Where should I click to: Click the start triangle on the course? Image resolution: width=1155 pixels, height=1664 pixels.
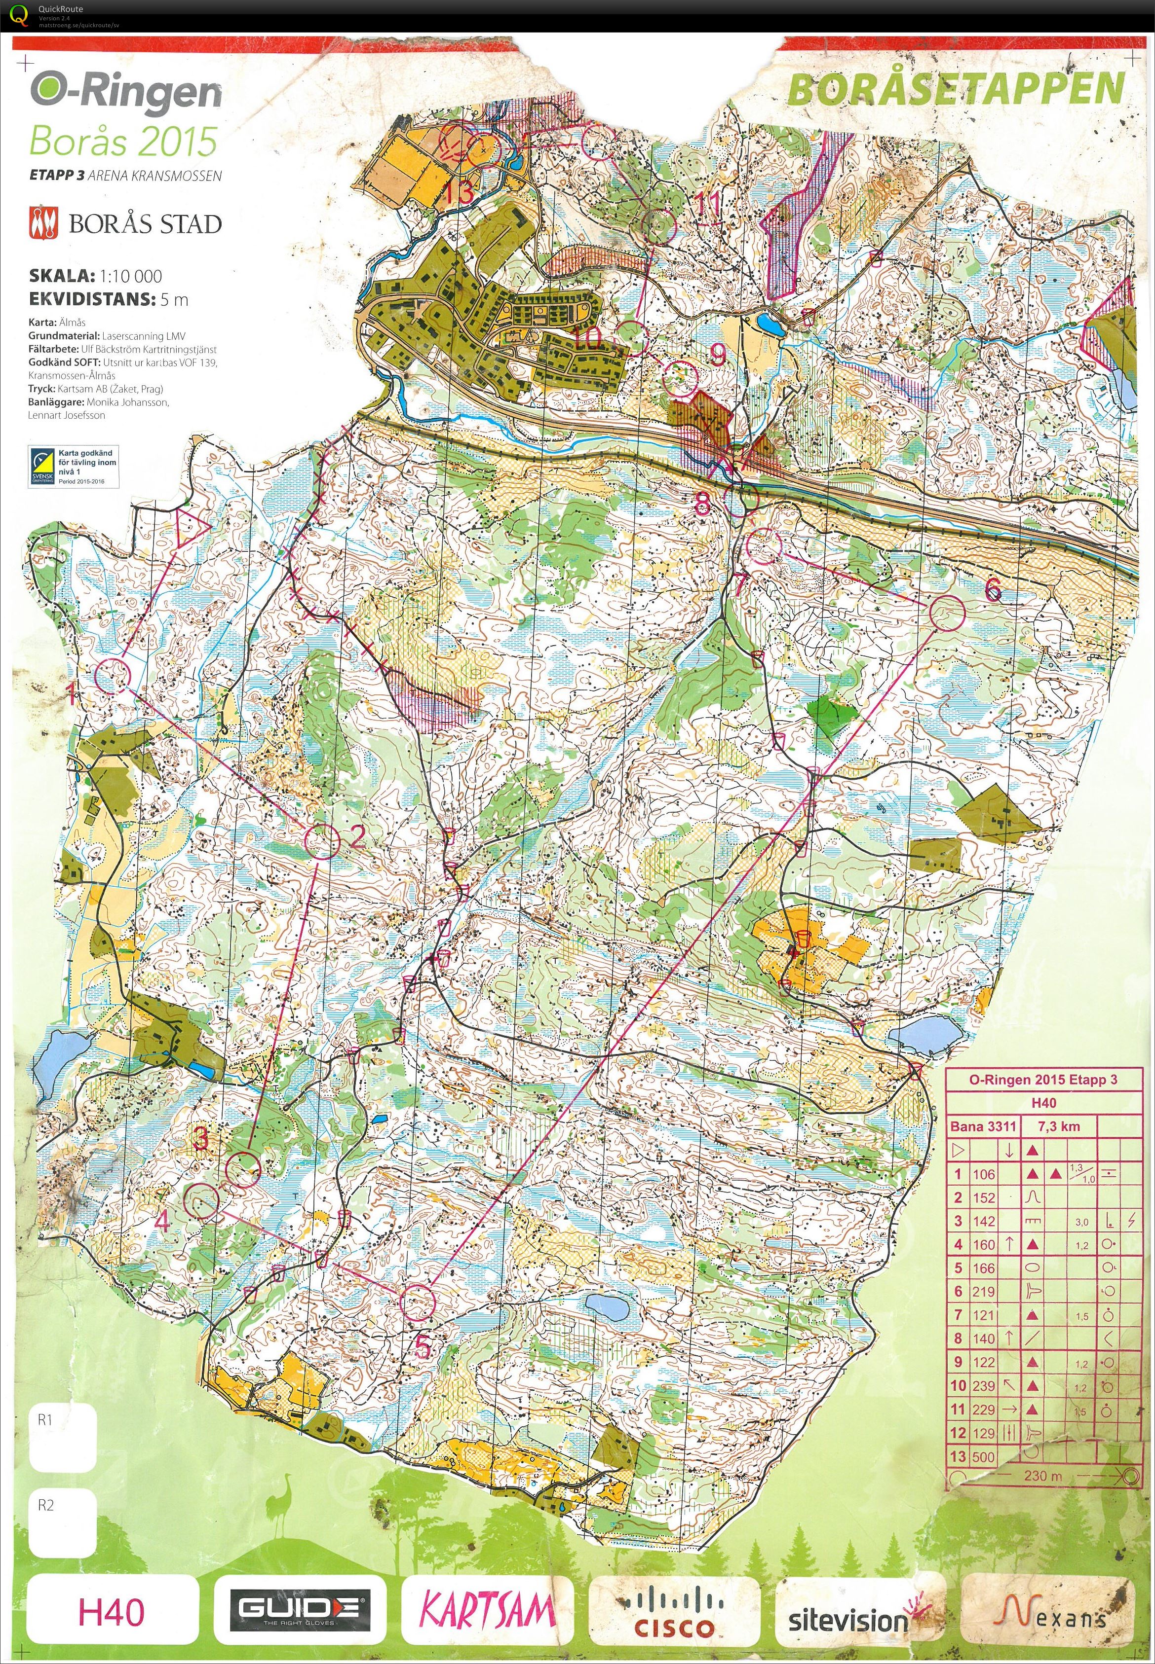(190, 526)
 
